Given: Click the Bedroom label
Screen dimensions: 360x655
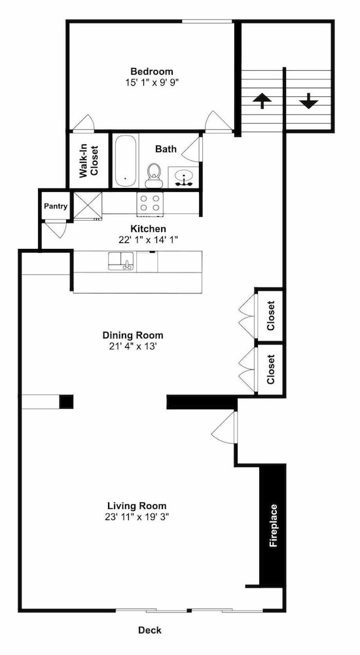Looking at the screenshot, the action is click(x=152, y=71).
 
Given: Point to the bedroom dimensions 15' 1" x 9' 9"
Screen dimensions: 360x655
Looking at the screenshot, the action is click(x=152, y=82).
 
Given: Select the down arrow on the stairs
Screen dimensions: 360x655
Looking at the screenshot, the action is click(x=309, y=101).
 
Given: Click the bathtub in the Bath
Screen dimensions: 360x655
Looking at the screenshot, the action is click(x=125, y=161).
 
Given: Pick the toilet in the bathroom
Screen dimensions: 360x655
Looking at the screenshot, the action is click(x=154, y=176).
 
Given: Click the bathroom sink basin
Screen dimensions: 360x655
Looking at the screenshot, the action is click(x=183, y=178).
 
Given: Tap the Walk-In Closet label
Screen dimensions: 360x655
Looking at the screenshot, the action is click(x=88, y=161).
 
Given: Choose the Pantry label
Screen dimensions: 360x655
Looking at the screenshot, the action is click(x=56, y=206).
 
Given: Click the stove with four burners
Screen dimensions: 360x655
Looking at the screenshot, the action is click(x=149, y=204).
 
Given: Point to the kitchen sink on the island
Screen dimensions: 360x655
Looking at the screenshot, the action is click(x=121, y=261).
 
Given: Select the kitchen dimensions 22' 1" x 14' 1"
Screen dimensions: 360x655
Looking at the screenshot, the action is click(x=149, y=240).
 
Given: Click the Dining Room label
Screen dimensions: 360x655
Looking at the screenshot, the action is click(x=133, y=335).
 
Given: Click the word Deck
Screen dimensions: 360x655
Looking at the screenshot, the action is click(x=150, y=630).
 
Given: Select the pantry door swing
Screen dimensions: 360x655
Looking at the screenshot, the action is click(x=56, y=229).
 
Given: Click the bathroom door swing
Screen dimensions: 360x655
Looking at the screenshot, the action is click(x=192, y=148).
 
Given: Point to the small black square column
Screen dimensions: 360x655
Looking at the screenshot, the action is click(x=66, y=402).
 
